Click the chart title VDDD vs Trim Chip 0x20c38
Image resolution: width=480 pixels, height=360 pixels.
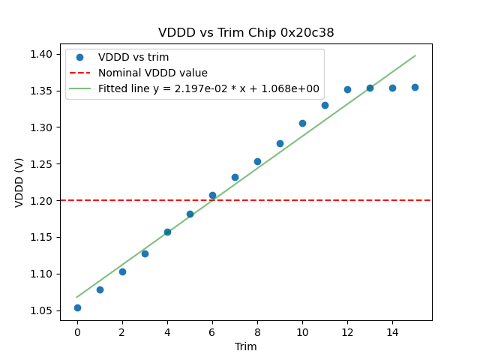tap(246, 33)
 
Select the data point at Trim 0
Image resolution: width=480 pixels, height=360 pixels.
tap(77, 307)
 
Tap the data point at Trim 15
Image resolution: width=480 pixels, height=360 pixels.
tap(415, 87)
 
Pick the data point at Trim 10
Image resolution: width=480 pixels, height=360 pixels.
tap(302, 123)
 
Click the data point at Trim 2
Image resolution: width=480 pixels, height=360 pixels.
tap(122, 271)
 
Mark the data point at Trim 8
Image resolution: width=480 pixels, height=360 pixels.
tap(257, 161)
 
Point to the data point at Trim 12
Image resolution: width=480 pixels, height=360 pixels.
tap(347, 89)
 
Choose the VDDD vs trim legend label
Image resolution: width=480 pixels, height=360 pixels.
tap(133, 57)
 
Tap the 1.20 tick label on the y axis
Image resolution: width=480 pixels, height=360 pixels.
tap(42, 200)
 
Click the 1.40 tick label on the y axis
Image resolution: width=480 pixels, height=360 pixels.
tap(42, 54)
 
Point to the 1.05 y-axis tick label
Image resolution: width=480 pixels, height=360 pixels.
tap(42, 310)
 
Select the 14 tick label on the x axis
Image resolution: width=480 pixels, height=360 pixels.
tap(392, 331)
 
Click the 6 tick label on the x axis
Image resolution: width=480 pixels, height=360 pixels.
tap(212, 331)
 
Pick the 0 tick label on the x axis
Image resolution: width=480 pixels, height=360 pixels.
tap(77, 331)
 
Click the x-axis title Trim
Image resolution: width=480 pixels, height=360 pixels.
tap(246, 346)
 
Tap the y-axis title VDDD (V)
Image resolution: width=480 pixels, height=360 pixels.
tap(20, 181)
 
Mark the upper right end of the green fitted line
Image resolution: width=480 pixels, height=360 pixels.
tap(415, 55)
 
